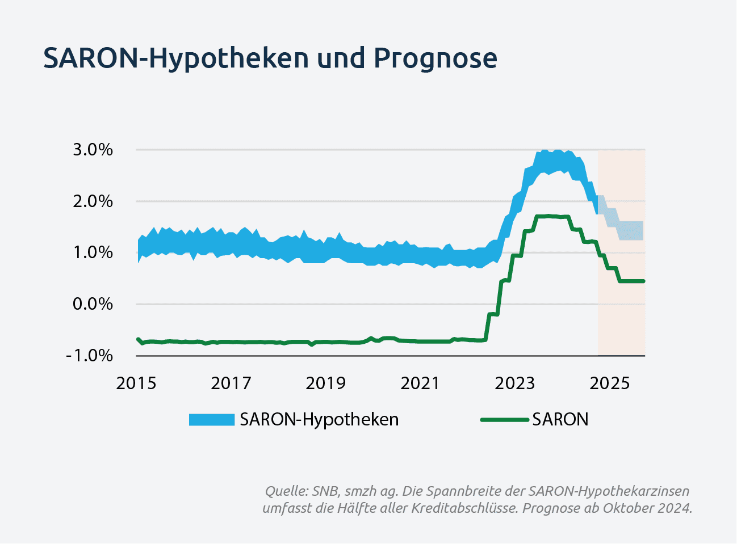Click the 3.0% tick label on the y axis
pyautogui.click(x=93, y=150)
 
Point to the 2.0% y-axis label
pyautogui.click(x=93, y=201)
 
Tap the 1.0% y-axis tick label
pyautogui.click(x=93, y=253)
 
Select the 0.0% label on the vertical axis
pyautogui.click(x=93, y=304)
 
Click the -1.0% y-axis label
pyautogui.click(x=89, y=356)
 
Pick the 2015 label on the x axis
pyautogui.click(x=136, y=383)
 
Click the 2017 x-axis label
pyautogui.click(x=231, y=383)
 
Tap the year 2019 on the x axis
pyautogui.click(x=326, y=383)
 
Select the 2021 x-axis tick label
pyautogui.click(x=420, y=383)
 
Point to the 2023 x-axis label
pyautogui.click(x=514, y=383)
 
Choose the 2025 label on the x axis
pyautogui.click(x=609, y=383)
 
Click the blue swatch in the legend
pyautogui.click(x=212, y=420)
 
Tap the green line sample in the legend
pyautogui.click(x=504, y=420)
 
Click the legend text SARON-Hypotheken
pyautogui.click(x=319, y=420)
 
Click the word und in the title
pyautogui.click(x=341, y=58)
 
